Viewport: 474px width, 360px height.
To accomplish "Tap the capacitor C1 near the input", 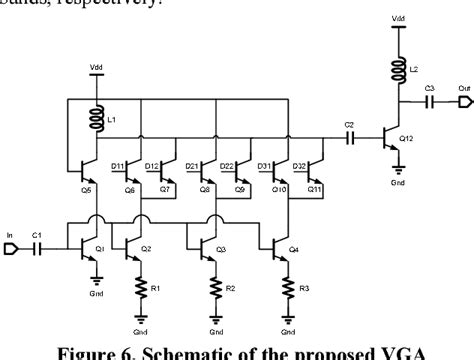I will tap(36, 244).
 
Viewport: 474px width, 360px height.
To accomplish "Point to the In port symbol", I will tap(10, 244).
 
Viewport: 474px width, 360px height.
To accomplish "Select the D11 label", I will tap(118, 164).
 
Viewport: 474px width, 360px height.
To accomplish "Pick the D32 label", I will tap(298, 164).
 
